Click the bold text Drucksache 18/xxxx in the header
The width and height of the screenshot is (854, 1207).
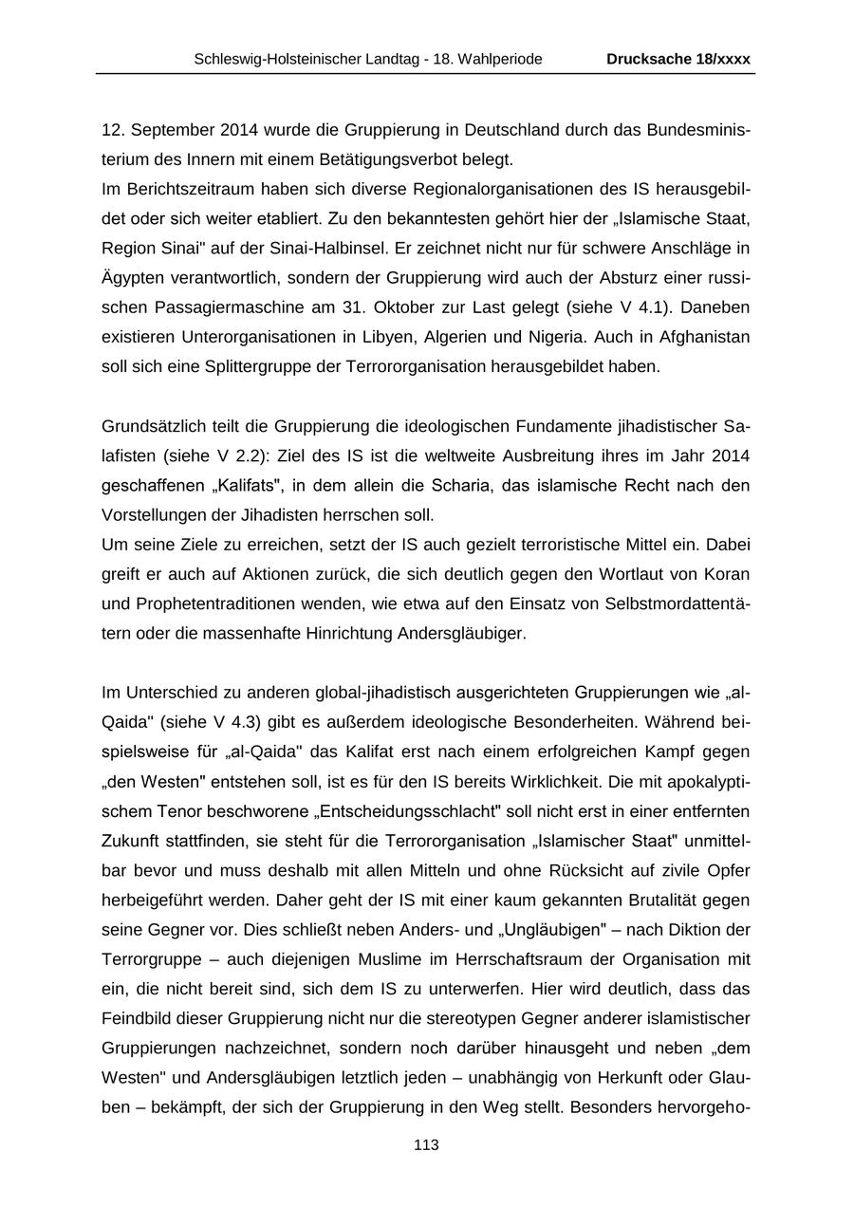[x=678, y=59]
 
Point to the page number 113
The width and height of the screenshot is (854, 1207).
[x=426, y=1145]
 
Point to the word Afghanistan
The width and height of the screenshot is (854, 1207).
[x=697, y=337]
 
